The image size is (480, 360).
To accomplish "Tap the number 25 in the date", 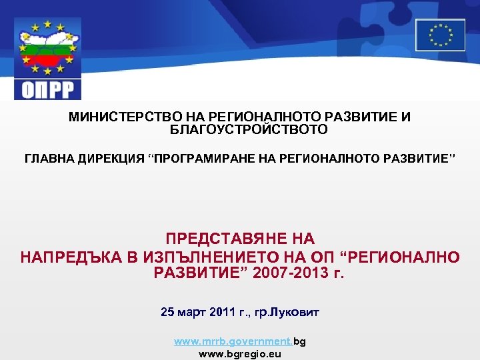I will (167, 311).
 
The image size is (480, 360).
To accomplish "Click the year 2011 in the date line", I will (220, 311).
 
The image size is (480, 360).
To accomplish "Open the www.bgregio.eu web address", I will (240, 354).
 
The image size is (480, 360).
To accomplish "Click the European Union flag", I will (440, 35).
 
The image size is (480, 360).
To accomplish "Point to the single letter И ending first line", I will (405, 117).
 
